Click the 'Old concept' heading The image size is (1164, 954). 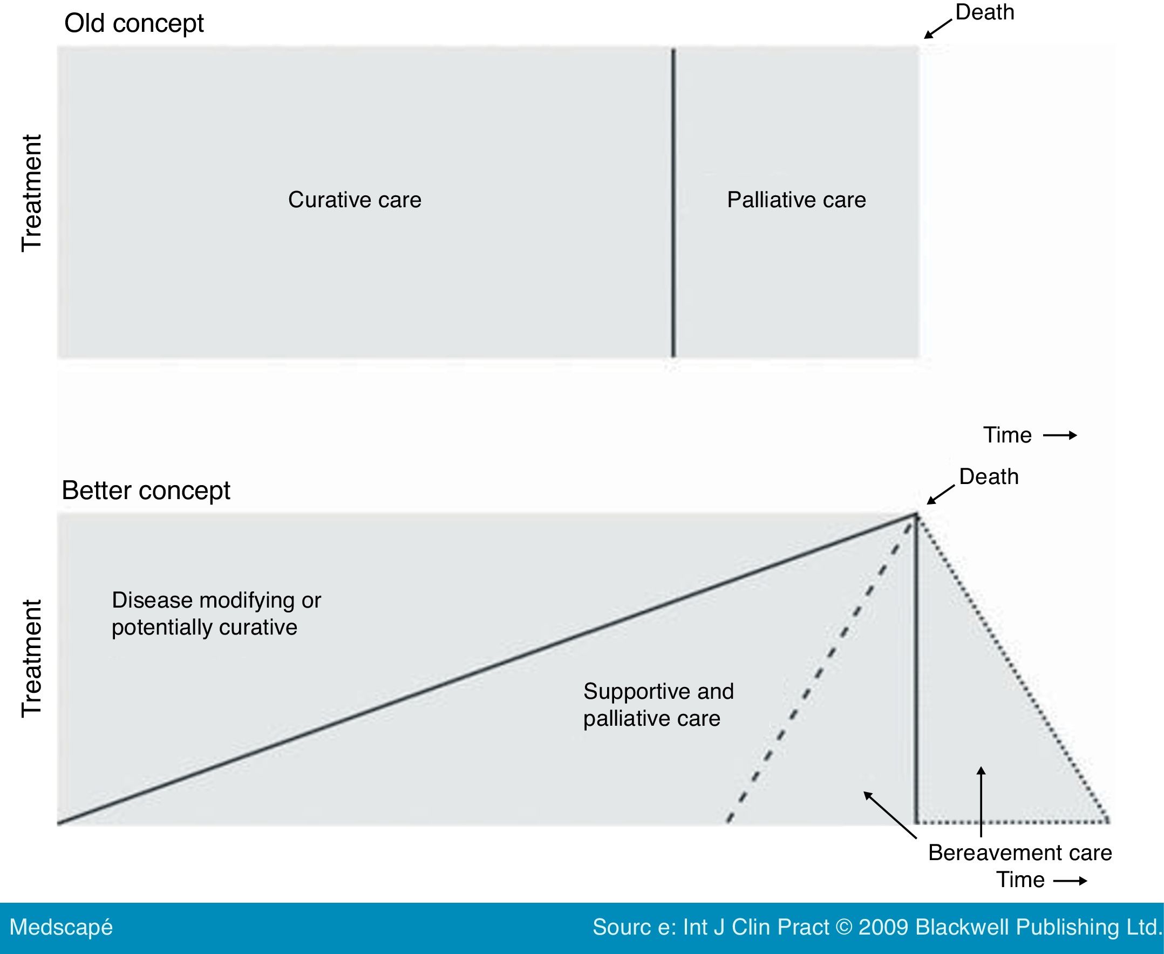click(x=133, y=24)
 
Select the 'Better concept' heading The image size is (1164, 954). click(x=146, y=490)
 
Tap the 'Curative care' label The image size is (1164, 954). click(x=355, y=200)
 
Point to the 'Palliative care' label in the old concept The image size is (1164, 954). click(x=797, y=200)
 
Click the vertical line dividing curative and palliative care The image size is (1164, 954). click(x=674, y=203)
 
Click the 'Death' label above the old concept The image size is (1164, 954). click(x=985, y=12)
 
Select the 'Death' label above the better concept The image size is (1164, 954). click(x=989, y=476)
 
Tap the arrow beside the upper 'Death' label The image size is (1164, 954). click(x=937, y=29)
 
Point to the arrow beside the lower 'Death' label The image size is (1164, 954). click(x=941, y=494)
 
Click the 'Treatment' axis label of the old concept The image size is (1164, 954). click(x=31, y=193)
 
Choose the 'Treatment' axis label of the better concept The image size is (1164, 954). click(x=31, y=658)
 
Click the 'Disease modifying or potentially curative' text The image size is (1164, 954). click(x=216, y=614)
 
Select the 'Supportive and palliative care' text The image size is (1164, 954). click(x=658, y=705)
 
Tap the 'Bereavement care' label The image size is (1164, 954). click(x=1020, y=853)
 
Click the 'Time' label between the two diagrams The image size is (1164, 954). click(x=1008, y=435)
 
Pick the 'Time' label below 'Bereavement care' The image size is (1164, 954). click(x=1020, y=880)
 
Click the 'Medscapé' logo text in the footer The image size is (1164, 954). click(x=61, y=927)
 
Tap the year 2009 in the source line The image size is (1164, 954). click(x=883, y=927)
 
